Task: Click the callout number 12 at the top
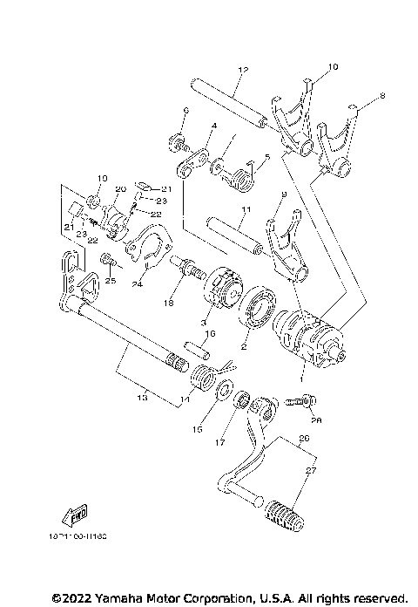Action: (x=242, y=70)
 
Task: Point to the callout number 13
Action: (x=142, y=397)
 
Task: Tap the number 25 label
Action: (x=111, y=281)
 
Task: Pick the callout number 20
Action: (x=120, y=189)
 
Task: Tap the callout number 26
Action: (x=302, y=438)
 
